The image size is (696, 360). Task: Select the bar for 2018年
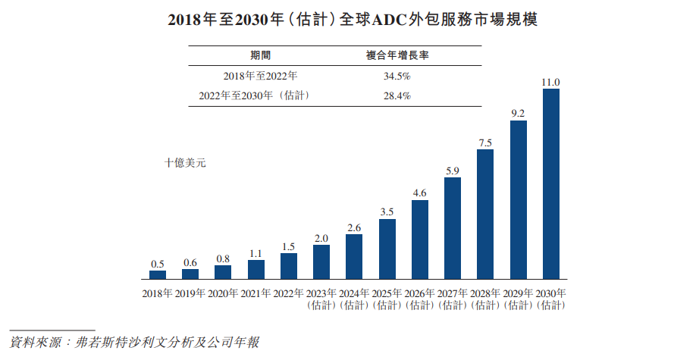(158, 274)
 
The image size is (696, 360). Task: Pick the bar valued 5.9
(453, 228)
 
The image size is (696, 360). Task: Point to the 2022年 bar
(289, 266)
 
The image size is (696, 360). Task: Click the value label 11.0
(551, 82)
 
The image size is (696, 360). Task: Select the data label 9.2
(519, 113)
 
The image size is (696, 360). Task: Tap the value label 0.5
(158, 264)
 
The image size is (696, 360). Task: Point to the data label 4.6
(420, 193)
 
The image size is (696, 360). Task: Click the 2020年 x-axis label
(223, 293)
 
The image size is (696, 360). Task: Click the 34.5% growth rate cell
(397, 77)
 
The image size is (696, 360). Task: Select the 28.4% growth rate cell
(397, 96)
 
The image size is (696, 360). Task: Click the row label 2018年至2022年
(260, 77)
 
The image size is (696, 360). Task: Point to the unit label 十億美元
(185, 162)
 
